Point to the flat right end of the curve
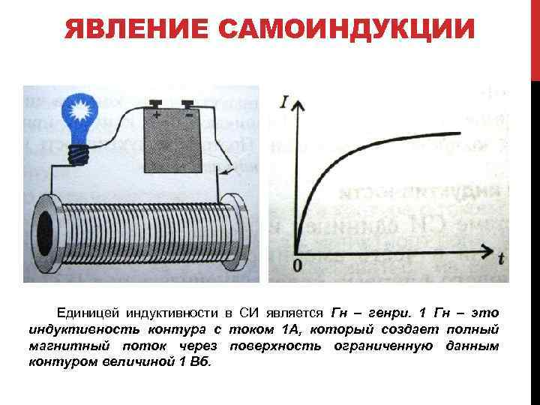click(454, 133)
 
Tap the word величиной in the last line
click(134, 362)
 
